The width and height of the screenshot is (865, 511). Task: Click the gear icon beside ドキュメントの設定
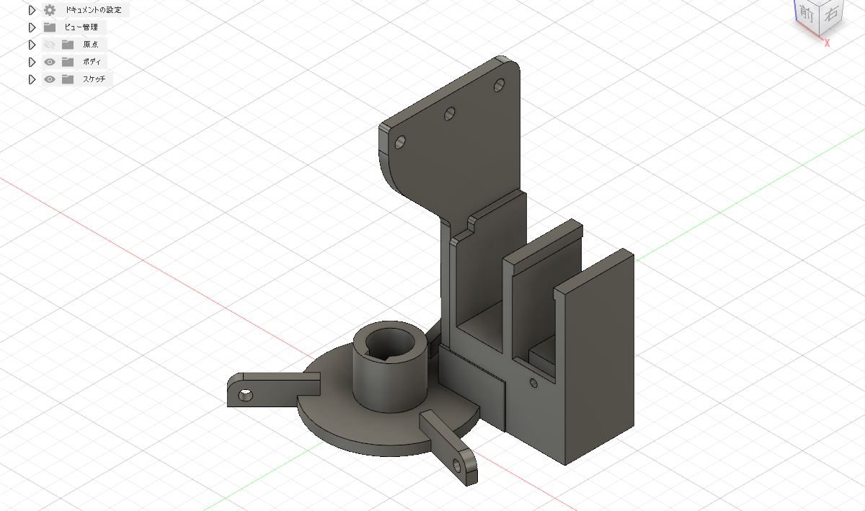(50, 10)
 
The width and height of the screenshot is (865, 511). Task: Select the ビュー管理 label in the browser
(81, 27)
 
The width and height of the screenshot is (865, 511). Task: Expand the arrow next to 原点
(32, 45)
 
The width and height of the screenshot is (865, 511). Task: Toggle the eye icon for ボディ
(50, 62)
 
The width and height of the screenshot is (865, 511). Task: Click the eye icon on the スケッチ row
(50, 79)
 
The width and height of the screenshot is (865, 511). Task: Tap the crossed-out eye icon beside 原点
(50, 45)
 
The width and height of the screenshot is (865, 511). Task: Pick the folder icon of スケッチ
(68, 79)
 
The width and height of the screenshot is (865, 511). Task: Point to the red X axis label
(827, 43)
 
